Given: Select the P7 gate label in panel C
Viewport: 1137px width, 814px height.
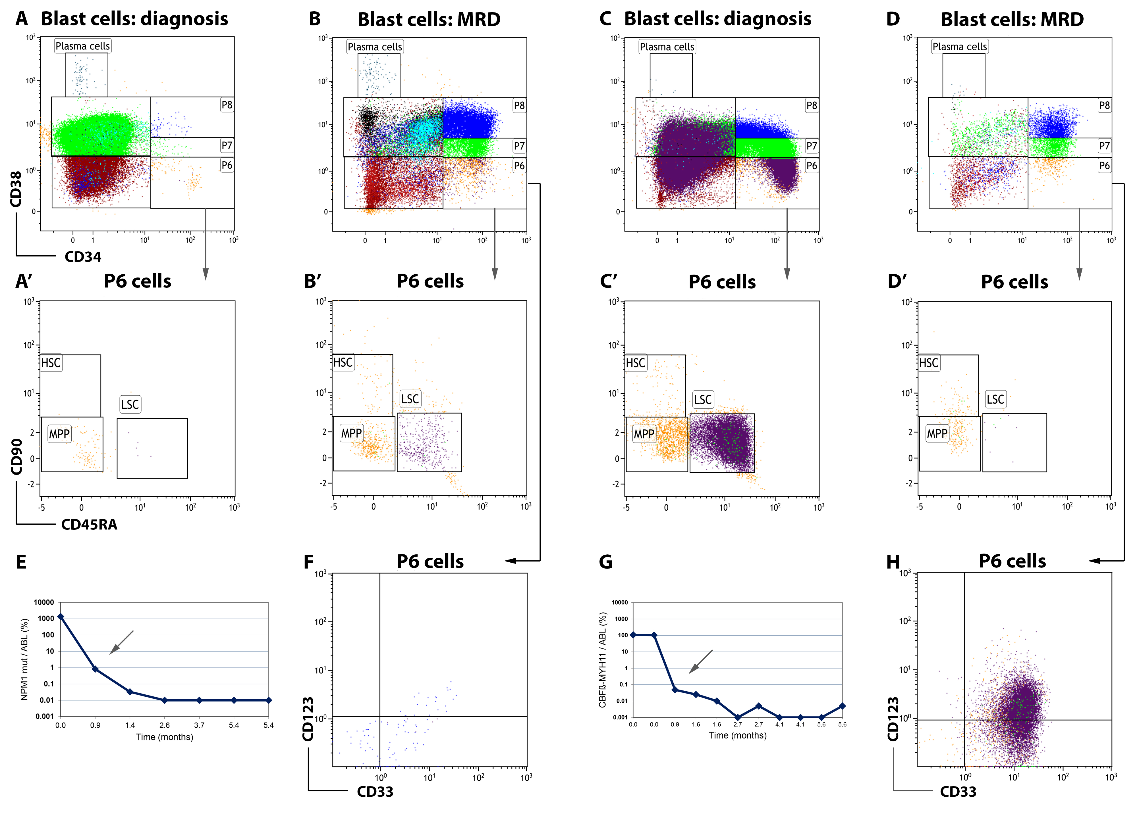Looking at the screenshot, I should pos(811,146).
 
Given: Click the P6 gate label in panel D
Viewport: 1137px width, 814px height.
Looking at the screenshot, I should pos(1104,165).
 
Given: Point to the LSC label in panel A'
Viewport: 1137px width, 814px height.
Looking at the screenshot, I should pos(130,404).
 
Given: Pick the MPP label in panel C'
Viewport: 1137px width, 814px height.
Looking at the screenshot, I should pos(644,434).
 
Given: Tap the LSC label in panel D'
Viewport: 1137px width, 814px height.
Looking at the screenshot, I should pos(995,399).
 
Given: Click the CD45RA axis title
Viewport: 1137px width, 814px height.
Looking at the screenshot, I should pos(89,525).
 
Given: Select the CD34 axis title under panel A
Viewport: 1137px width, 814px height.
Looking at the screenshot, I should pos(83,257).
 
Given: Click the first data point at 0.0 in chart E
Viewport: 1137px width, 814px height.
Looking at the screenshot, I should pos(61,617).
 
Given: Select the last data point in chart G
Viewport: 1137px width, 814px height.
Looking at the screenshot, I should pos(842,706).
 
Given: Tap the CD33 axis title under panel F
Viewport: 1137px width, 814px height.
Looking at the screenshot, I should pos(375,792).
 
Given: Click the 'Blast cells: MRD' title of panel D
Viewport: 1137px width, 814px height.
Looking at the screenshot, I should pos(1012,20).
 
